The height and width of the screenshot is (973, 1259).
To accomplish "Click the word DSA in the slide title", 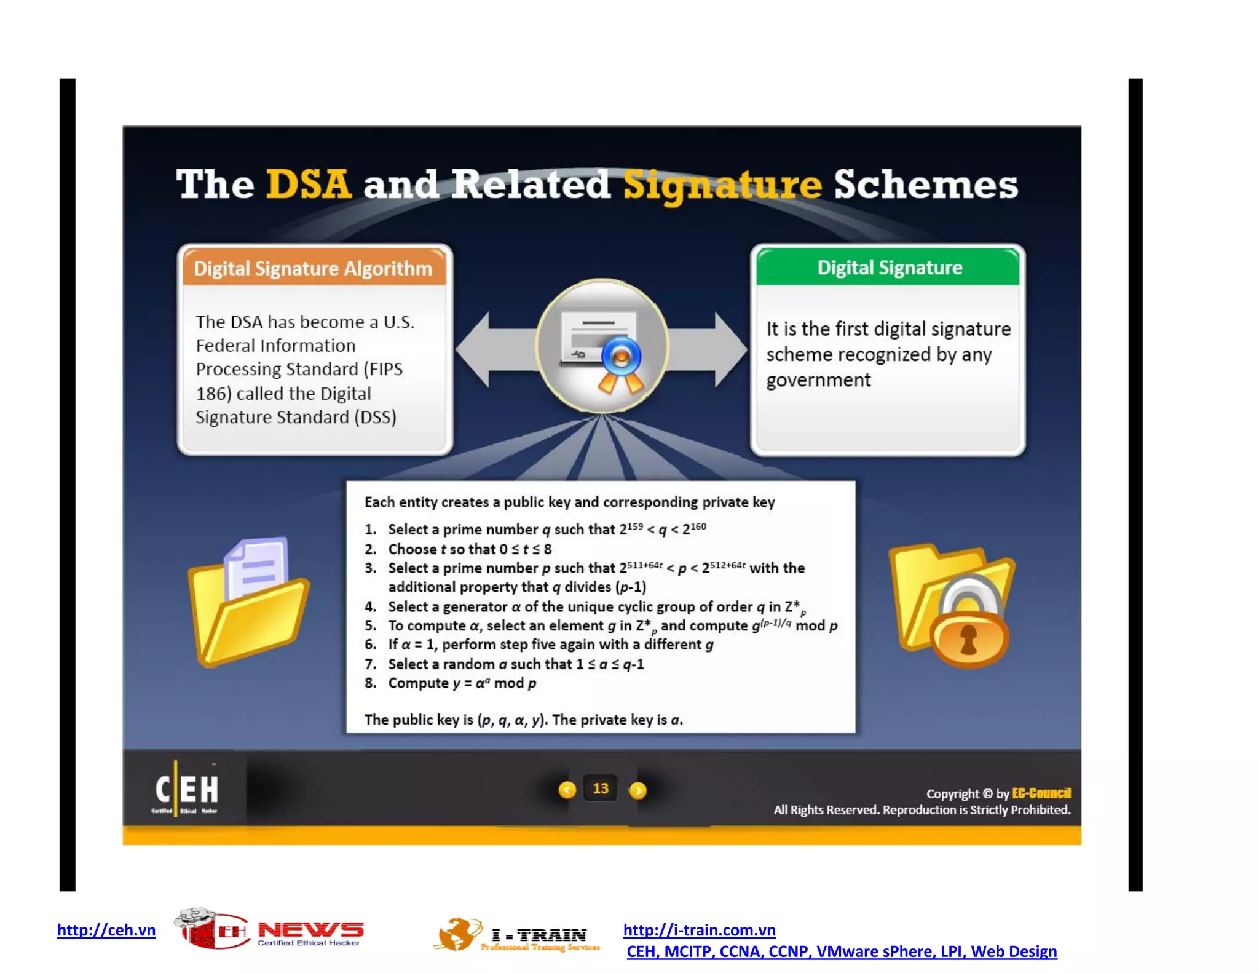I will (309, 184).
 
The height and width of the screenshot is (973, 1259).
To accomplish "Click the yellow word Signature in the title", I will (722, 185).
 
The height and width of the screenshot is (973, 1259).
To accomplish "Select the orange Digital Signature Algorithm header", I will (314, 268).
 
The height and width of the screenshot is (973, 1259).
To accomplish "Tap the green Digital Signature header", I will (889, 268).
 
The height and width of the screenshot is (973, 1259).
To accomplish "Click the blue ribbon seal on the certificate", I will (621, 357).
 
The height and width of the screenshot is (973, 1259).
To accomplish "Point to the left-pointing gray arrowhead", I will (474, 349).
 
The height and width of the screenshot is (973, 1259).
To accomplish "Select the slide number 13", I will (601, 788).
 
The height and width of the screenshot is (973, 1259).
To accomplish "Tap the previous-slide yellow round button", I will (567, 790).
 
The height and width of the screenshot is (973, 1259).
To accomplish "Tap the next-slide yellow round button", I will (638, 790).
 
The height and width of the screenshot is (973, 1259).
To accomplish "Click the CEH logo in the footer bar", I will (186, 790).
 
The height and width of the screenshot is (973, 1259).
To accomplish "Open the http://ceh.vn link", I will (106, 930).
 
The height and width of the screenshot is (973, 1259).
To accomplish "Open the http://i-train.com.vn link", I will (700, 930).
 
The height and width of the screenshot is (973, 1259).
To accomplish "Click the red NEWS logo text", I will (310, 929).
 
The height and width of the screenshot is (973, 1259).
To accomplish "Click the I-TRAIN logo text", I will (540, 935).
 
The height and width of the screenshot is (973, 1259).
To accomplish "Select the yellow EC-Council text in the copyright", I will (1041, 793).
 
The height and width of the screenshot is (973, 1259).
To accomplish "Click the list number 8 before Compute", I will (369, 683).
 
